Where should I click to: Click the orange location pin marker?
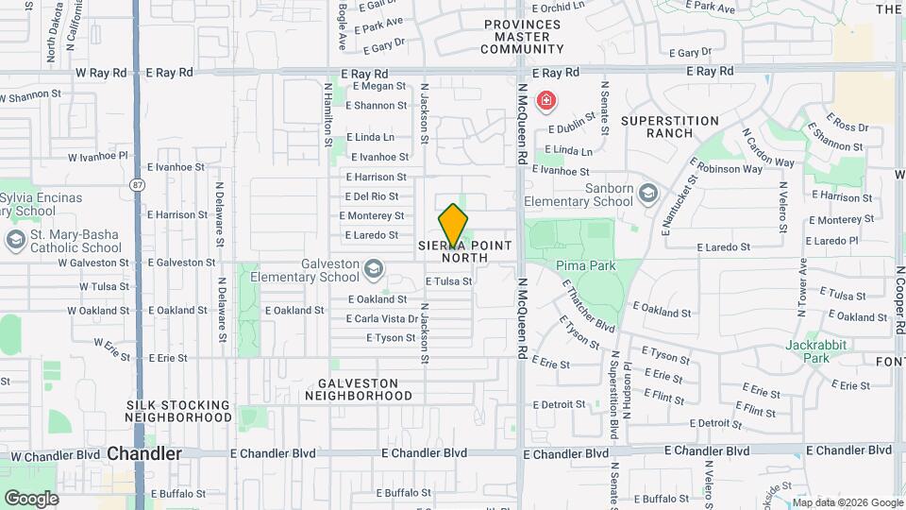coord(453,226)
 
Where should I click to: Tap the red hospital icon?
coord(545,100)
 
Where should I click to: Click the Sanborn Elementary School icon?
coord(648,195)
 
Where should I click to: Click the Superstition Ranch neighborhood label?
coord(670,127)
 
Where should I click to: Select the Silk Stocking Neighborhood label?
coord(178,411)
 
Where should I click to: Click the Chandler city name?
coord(144,454)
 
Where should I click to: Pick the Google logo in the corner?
coord(31,498)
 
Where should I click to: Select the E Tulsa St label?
coord(448,281)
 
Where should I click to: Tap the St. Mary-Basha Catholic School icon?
coord(14,240)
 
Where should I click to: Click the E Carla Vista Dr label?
coord(381,319)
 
